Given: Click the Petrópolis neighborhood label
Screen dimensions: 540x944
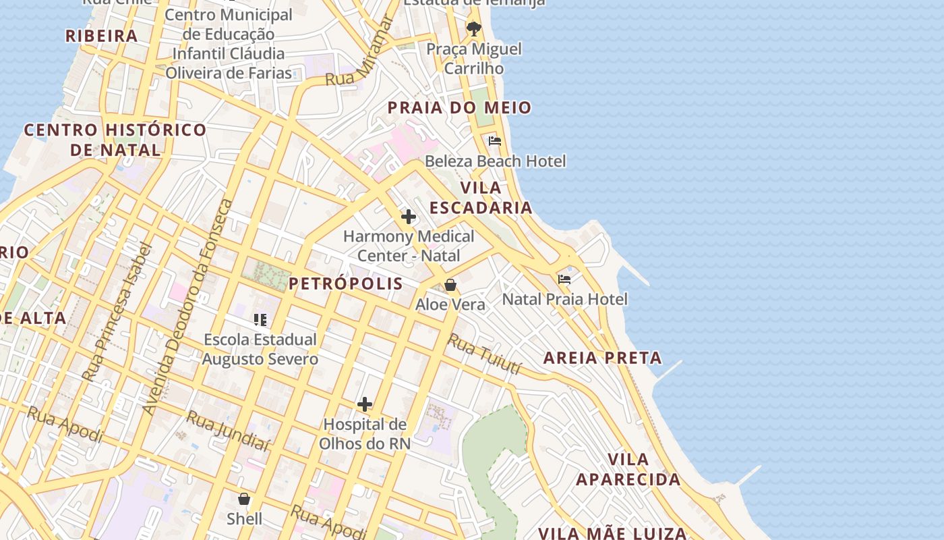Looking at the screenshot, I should pos(346,283).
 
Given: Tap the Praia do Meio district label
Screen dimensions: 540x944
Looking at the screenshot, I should pos(459,108).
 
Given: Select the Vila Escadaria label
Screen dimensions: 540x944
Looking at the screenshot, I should pos(481,198).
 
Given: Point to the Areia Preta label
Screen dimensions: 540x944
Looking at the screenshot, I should pos(602,358).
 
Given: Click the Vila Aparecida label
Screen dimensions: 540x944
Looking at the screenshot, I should pos(628,469).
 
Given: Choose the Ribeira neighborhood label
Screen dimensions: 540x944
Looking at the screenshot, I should pos(101,36).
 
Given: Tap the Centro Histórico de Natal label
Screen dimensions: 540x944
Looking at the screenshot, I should pos(115,140).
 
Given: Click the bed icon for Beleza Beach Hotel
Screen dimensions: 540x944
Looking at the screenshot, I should pos(495,141).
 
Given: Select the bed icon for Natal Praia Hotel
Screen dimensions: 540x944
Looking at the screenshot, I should pos(564,279).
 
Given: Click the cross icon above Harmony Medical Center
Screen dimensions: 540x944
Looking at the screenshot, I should pos(408,217).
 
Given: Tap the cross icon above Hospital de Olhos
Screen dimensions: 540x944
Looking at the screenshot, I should pos(365,404).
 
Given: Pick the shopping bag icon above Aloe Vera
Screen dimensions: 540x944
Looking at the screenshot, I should pos(450,285).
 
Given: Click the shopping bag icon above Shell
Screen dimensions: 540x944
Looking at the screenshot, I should pos(244,499).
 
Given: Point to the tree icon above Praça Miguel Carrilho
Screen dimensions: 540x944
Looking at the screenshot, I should pos(474,29).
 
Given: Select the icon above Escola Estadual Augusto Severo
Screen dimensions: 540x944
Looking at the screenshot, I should pos(260,319).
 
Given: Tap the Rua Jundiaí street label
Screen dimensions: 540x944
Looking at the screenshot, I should pos(229,430).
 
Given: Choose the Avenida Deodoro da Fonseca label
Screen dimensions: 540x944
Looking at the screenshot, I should pos(188,307).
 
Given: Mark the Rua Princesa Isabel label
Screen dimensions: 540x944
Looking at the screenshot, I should pos(115,313).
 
